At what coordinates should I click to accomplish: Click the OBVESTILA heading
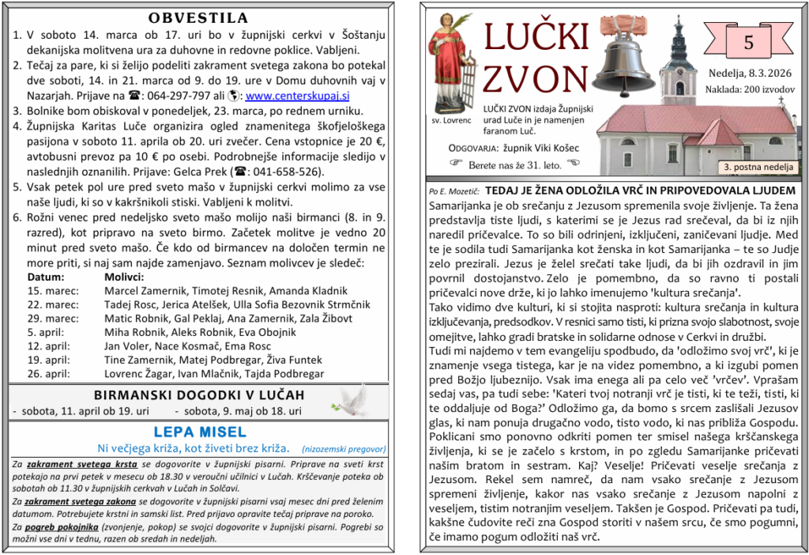(198, 18)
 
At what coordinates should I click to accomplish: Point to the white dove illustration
(350, 400)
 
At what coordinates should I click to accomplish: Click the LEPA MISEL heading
(200, 432)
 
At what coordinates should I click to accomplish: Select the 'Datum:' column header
(46, 277)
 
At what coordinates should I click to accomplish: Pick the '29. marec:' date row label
(53, 319)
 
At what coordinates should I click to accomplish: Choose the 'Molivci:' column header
(124, 277)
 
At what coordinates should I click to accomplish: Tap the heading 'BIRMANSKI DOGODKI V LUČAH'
(198, 395)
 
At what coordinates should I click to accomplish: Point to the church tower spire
(677, 36)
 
